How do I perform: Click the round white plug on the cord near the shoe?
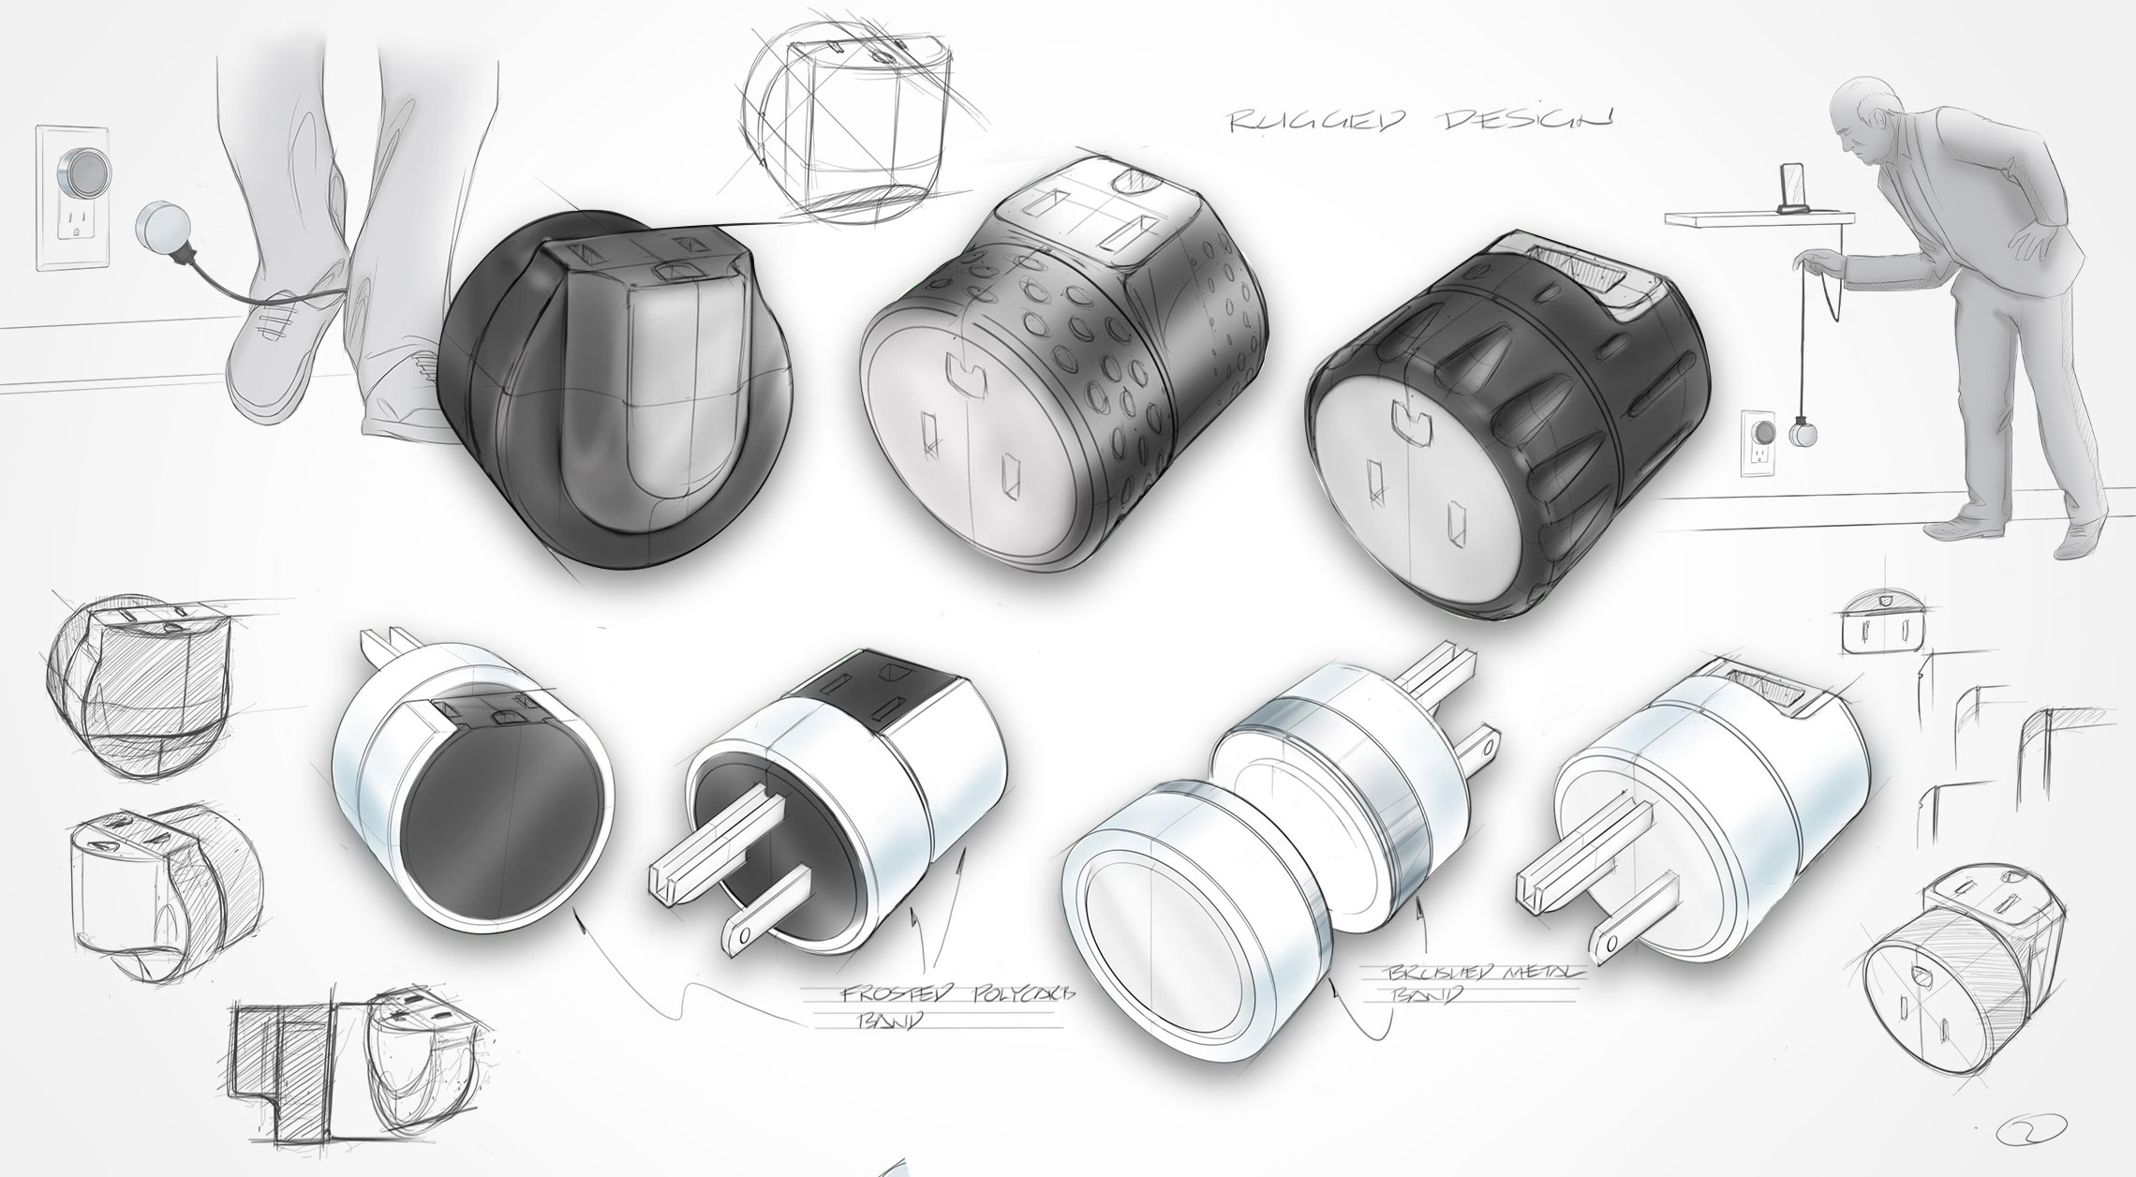click(161, 231)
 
